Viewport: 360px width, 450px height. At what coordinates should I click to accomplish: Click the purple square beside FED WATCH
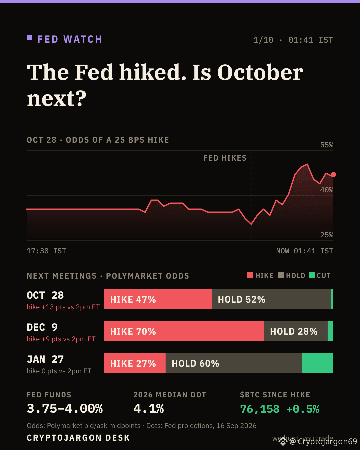[29, 37]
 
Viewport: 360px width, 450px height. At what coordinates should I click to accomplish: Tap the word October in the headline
[260, 72]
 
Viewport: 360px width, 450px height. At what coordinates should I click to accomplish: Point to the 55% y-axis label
[327, 145]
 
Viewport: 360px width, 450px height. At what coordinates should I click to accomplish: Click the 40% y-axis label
[327, 190]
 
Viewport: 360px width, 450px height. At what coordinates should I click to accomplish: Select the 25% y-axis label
[327, 235]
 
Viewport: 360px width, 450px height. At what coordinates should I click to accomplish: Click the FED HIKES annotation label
[225, 158]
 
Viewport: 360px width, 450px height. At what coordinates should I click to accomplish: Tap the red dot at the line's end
[333, 175]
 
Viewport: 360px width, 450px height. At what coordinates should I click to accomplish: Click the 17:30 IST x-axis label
[46, 251]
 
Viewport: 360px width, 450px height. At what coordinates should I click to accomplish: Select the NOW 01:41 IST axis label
[305, 251]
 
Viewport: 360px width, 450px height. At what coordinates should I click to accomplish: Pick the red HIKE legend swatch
[250, 275]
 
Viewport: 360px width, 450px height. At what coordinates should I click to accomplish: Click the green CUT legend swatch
[311, 275]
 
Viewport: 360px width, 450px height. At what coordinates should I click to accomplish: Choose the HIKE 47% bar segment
[158, 299]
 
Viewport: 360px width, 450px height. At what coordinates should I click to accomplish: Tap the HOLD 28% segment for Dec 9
[296, 331]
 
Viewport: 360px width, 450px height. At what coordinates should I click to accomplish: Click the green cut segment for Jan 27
[318, 363]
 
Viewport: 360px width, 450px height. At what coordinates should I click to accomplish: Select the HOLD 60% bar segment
[234, 363]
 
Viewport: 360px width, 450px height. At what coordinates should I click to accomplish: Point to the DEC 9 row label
[42, 327]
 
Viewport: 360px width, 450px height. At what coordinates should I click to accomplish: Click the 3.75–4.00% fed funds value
[65, 408]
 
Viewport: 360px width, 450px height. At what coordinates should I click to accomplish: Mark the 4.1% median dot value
[149, 408]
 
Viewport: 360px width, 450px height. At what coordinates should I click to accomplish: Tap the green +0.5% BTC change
[303, 409]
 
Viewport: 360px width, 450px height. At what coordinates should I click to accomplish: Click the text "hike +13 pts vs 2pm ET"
[63, 307]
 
